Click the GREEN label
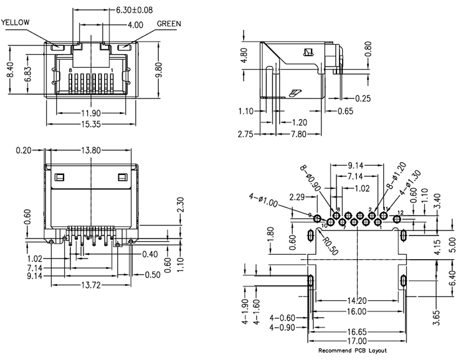169,24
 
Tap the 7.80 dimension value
298,134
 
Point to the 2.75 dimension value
248,134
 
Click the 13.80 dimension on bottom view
92,150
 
